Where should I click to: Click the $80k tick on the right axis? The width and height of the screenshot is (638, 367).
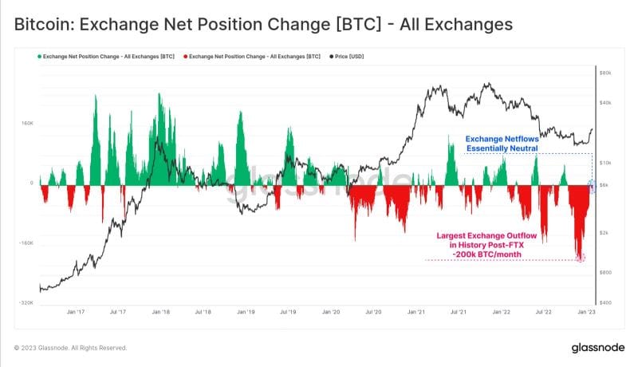pyautogui.click(x=605, y=73)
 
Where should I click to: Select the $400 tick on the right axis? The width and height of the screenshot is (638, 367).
pyautogui.click(x=605, y=303)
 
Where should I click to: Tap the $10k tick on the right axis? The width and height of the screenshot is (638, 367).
pyautogui.click(x=605, y=163)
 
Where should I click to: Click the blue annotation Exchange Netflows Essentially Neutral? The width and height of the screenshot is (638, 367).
pyautogui.click(x=502, y=143)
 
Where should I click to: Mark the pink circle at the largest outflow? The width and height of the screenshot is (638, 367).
pyautogui.click(x=580, y=258)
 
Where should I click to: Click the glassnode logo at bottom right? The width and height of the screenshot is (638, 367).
pyautogui.click(x=598, y=348)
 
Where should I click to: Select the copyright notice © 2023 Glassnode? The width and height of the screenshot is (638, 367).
pyautogui.click(x=71, y=348)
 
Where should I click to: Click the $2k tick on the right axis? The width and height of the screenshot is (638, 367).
pyautogui.click(x=605, y=232)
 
